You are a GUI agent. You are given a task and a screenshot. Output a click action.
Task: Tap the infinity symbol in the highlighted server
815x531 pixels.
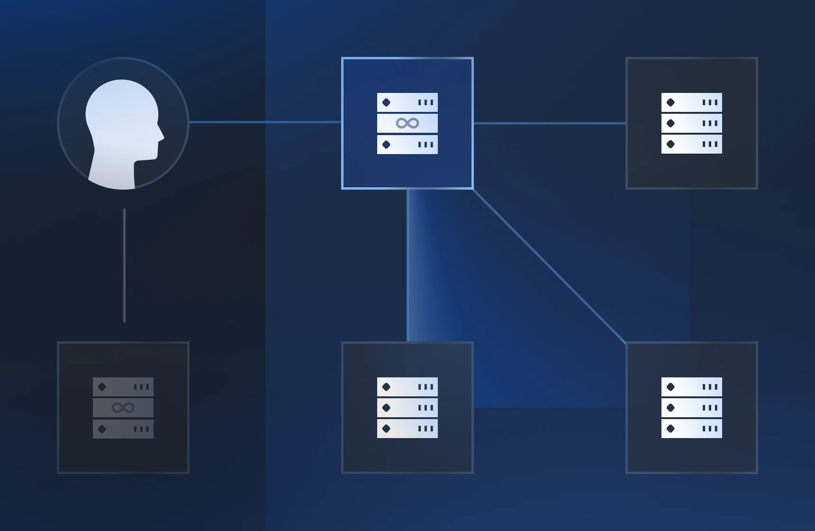(407, 123)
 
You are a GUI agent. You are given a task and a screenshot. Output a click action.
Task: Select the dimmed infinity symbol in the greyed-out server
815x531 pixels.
(123, 408)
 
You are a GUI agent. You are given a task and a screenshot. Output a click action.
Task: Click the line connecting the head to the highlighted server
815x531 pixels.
(265, 122)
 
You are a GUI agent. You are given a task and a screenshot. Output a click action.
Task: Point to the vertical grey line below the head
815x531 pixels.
(124, 265)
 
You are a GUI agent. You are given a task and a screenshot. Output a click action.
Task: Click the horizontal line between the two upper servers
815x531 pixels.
(550, 123)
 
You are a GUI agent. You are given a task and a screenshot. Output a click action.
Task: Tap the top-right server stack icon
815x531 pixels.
(692, 123)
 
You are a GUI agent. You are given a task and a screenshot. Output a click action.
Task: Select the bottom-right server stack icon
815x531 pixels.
(692, 408)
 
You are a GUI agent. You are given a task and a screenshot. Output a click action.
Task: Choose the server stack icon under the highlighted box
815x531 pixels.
(407, 408)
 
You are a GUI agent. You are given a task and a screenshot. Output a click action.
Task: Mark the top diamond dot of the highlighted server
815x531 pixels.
(386, 102)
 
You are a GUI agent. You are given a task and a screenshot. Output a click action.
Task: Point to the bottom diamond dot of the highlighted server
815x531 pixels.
(386, 145)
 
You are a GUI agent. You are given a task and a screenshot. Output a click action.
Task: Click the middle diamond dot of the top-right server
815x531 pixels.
(670, 123)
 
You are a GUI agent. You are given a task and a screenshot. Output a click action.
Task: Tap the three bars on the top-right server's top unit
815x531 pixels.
(710, 102)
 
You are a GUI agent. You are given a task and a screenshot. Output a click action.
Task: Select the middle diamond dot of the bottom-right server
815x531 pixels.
(670, 408)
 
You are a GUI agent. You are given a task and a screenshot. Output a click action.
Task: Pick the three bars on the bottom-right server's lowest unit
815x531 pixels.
(710, 429)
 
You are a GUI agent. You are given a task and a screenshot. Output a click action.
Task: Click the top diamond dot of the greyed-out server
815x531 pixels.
(102, 387)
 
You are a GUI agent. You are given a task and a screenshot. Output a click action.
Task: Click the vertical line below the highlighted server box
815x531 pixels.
(407, 265)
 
